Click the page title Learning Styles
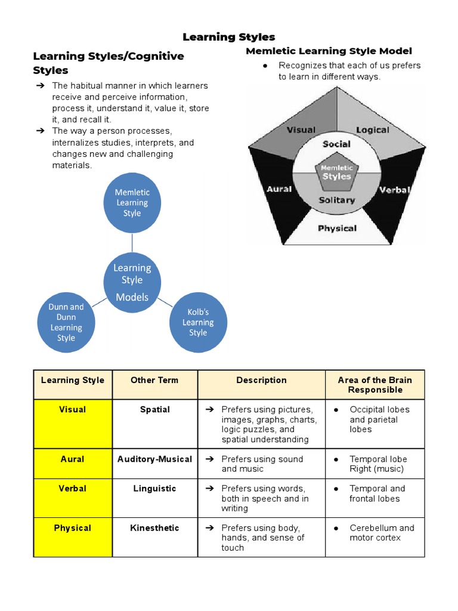(x=229, y=37)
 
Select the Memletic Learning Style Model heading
(x=329, y=51)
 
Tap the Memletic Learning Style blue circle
(x=132, y=203)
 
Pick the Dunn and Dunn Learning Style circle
(x=66, y=322)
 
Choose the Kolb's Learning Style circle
(x=198, y=322)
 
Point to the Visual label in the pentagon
(x=301, y=130)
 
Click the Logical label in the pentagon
(x=372, y=130)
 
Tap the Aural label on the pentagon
(x=279, y=189)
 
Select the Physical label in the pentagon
(x=337, y=228)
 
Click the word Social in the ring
(x=337, y=144)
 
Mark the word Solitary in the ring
(x=337, y=200)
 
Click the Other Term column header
(x=154, y=380)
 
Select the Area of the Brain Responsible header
(x=375, y=385)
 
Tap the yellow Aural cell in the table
(x=72, y=459)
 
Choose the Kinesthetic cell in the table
(x=154, y=528)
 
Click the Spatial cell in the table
(x=154, y=410)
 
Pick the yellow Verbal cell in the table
(x=72, y=489)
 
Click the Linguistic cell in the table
(x=154, y=489)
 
